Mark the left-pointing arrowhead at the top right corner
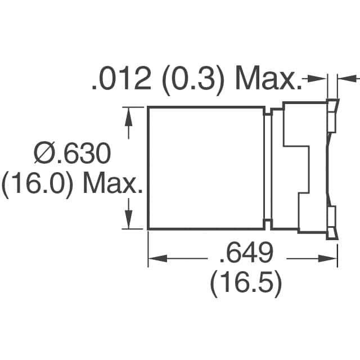point(344,81)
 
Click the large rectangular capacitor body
point(206,168)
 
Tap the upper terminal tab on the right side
point(332,115)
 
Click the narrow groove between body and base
point(268,168)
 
